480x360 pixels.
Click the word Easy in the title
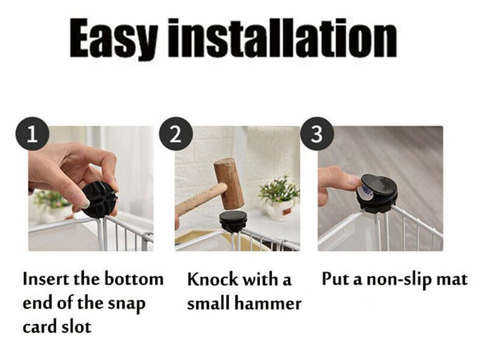(114, 39)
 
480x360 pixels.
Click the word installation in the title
(282, 38)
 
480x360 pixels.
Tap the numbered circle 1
(33, 134)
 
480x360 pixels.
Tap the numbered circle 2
(176, 134)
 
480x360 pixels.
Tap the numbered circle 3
(317, 134)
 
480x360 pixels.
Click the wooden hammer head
(230, 183)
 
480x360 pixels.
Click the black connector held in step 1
(99, 199)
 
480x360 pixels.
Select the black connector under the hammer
(233, 222)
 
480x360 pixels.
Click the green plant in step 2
(278, 188)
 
